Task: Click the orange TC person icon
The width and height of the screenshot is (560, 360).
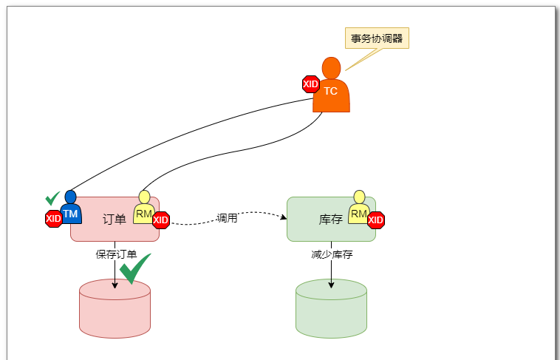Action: pos(331,87)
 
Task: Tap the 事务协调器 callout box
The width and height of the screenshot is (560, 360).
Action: pos(377,38)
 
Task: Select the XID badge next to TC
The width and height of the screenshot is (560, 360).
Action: pos(311,84)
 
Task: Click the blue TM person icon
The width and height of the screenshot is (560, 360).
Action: pos(70,209)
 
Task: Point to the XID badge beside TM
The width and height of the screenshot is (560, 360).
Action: pos(53,218)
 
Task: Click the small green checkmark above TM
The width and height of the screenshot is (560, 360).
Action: pos(52,198)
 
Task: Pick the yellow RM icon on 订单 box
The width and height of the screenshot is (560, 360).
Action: pos(144,209)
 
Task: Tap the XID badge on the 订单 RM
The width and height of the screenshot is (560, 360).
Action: pos(161,220)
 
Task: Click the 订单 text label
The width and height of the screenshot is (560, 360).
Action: pos(114,219)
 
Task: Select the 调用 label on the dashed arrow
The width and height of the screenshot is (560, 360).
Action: pos(227,218)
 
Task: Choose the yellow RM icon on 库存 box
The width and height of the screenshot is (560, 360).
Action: pos(359,209)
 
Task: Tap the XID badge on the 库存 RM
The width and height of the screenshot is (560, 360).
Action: pos(376,220)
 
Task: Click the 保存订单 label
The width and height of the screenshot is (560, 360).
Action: pos(116,254)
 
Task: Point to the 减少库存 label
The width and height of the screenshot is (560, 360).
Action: pos(332,254)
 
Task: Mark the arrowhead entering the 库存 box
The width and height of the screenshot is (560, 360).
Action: pos(284,217)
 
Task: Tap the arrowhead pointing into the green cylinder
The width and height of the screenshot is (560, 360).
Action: pos(331,285)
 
